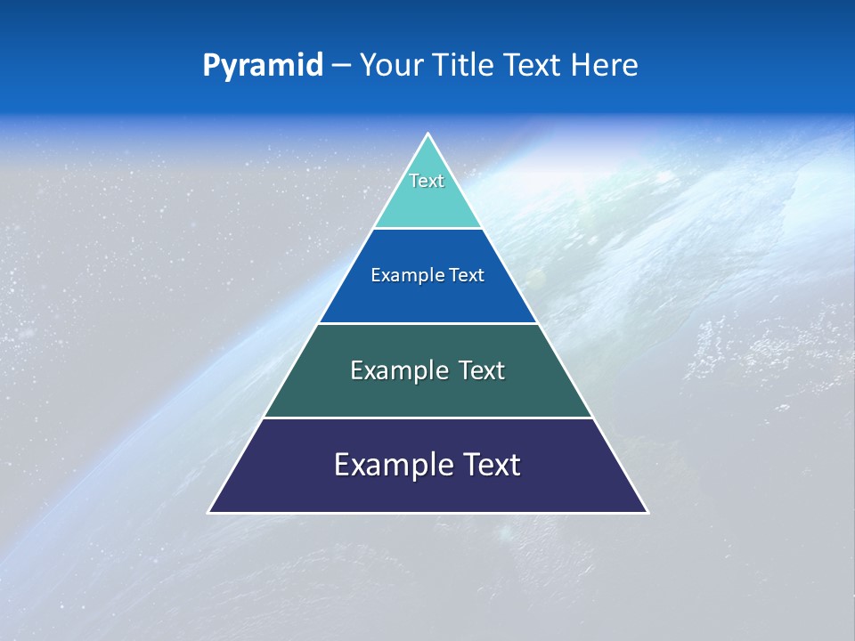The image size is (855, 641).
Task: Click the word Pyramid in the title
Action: pyautogui.click(x=262, y=66)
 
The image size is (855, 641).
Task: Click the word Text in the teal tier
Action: pyautogui.click(x=427, y=181)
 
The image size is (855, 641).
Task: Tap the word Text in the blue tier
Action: pyautogui.click(x=467, y=275)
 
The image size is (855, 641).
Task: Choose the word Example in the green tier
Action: pyautogui.click(x=395, y=370)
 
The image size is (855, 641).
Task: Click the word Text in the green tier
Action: pyautogui.click(x=482, y=370)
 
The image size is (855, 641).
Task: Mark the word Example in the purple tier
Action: pyautogui.click(x=388, y=465)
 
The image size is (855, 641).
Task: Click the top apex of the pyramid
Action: pyautogui.click(x=428, y=134)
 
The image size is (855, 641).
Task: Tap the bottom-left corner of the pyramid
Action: pyautogui.click(x=210, y=512)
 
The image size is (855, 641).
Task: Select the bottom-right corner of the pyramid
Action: pyautogui.click(x=647, y=512)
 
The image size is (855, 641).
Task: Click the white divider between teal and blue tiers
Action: pyautogui.click(x=427, y=228)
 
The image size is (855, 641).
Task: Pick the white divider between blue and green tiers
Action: pyautogui.click(x=427, y=323)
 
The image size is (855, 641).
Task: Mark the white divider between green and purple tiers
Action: pyautogui.click(x=427, y=418)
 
